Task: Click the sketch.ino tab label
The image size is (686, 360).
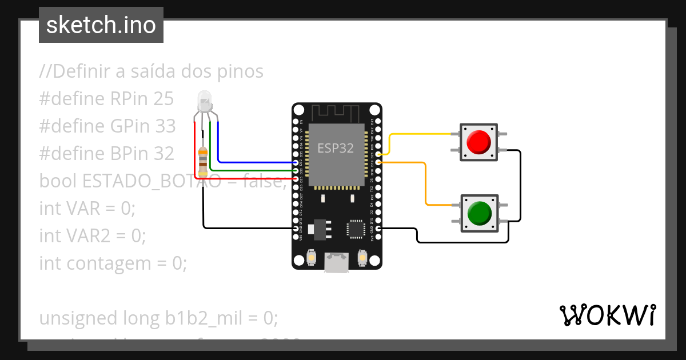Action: tap(101, 25)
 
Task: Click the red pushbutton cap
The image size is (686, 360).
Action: tap(478, 142)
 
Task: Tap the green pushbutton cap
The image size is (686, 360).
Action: tap(478, 213)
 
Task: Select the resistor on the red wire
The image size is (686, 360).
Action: tap(203, 161)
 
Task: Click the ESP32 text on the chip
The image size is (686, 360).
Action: tap(336, 149)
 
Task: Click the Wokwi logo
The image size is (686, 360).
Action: tap(607, 315)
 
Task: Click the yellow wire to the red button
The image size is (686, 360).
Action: tap(423, 134)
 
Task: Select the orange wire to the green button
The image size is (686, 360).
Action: tap(426, 183)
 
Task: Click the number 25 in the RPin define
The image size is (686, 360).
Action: tap(163, 99)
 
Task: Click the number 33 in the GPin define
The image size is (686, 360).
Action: tap(165, 126)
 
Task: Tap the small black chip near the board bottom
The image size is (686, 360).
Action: tap(355, 229)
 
